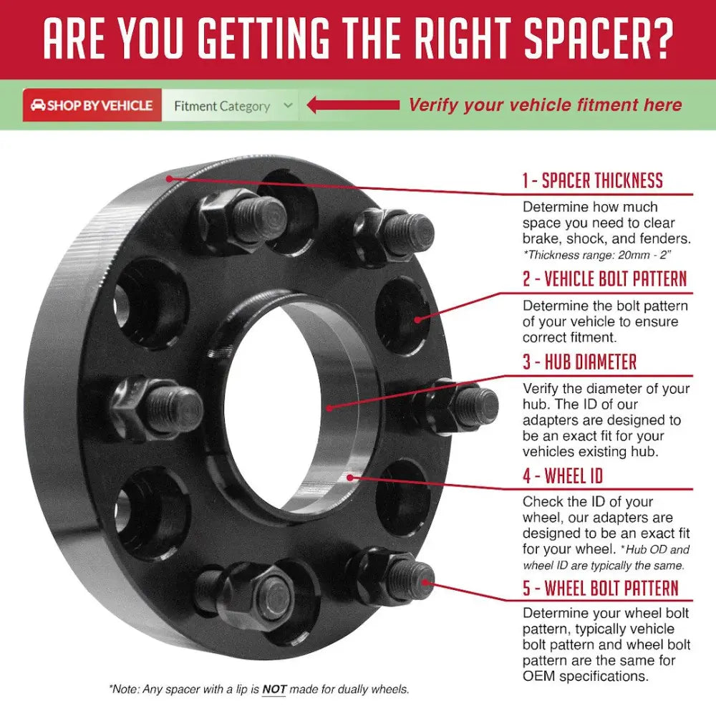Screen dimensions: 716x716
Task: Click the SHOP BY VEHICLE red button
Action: [x=92, y=105]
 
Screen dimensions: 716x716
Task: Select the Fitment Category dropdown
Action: [x=230, y=105]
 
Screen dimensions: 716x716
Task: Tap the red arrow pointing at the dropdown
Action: [x=353, y=105]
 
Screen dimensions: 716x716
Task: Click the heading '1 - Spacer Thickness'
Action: [x=592, y=180]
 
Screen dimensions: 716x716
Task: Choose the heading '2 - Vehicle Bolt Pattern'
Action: [x=604, y=279]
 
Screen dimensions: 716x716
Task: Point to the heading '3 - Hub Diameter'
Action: [x=579, y=362]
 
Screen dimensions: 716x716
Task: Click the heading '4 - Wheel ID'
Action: [x=563, y=475]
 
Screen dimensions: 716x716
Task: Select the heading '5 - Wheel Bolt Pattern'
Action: [x=601, y=588]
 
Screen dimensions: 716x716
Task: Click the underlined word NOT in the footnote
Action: [x=274, y=689]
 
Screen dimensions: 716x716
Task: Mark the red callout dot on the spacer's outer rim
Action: [x=169, y=178]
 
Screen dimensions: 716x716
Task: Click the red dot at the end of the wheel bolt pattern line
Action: [x=425, y=582]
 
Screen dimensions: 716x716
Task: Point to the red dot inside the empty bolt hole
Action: [x=417, y=319]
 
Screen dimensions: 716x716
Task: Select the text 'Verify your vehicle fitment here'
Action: [x=545, y=105]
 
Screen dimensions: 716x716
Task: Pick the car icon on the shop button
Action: [x=38, y=105]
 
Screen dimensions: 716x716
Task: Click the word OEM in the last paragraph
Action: [x=539, y=676]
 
